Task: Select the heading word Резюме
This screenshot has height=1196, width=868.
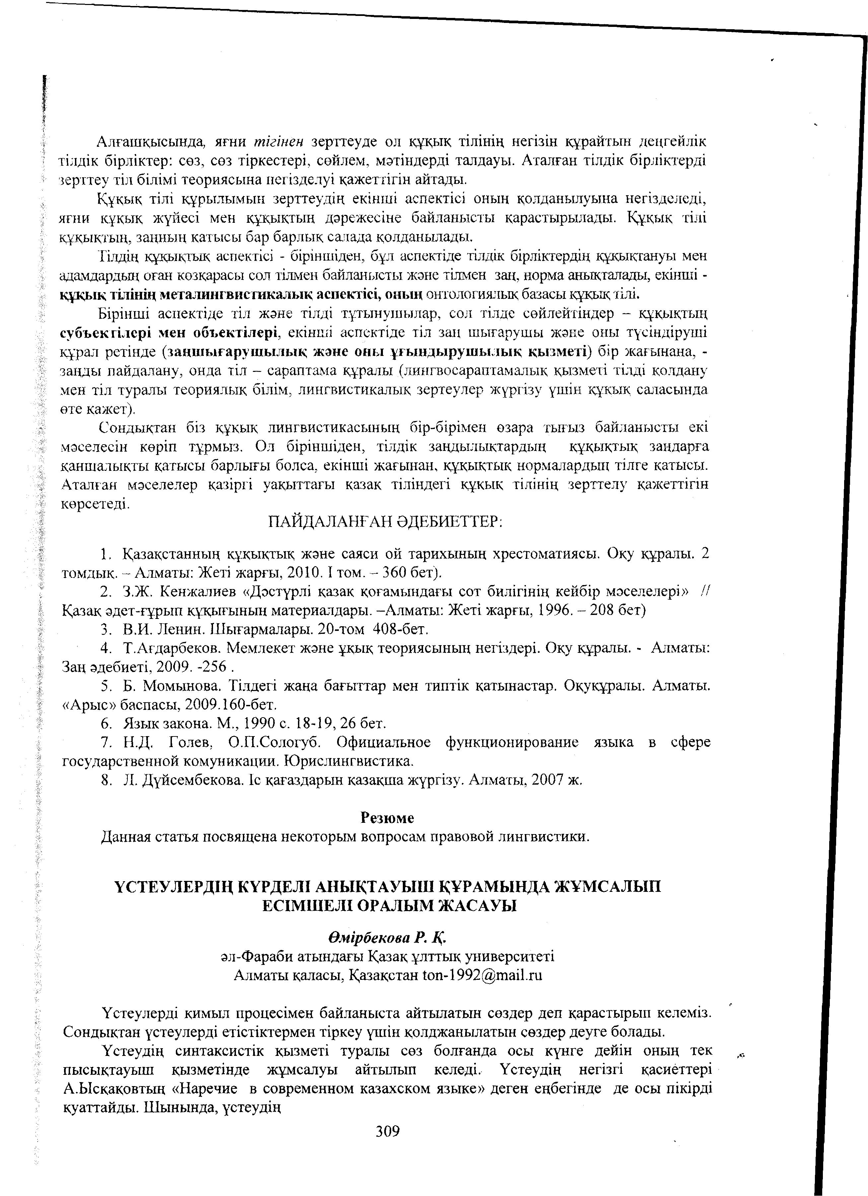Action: coord(387,817)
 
